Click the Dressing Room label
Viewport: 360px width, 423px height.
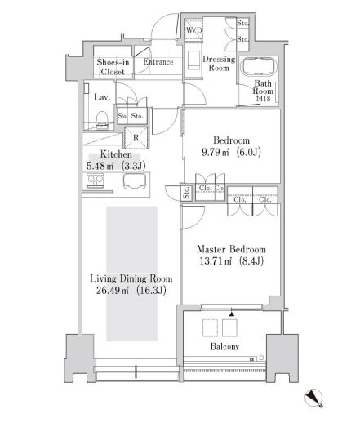click(217, 65)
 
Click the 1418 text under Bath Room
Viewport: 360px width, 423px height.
click(261, 100)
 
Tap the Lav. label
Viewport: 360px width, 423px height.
click(102, 97)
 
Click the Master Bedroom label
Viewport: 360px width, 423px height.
click(232, 248)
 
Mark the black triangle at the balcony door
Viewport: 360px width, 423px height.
click(231, 314)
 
